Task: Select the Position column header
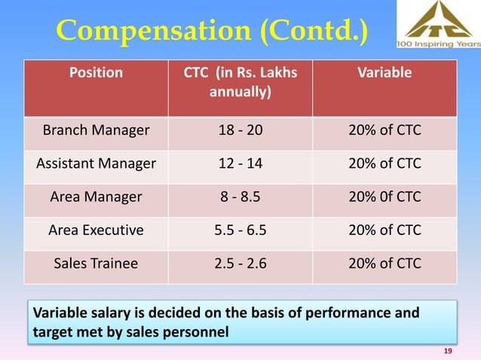(95, 73)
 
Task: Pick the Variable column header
(385, 73)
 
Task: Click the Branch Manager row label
(95, 131)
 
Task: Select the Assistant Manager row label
(95, 163)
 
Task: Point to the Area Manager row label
(95, 197)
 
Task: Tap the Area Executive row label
(95, 230)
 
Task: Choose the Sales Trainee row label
(95, 263)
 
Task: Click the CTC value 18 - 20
(240, 131)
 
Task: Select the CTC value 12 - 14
(240, 163)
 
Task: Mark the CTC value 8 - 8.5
(240, 197)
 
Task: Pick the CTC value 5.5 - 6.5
(240, 230)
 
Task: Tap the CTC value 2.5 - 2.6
(240, 263)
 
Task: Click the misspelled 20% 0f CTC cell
(385, 197)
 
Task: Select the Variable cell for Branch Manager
(385, 131)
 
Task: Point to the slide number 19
(449, 352)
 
